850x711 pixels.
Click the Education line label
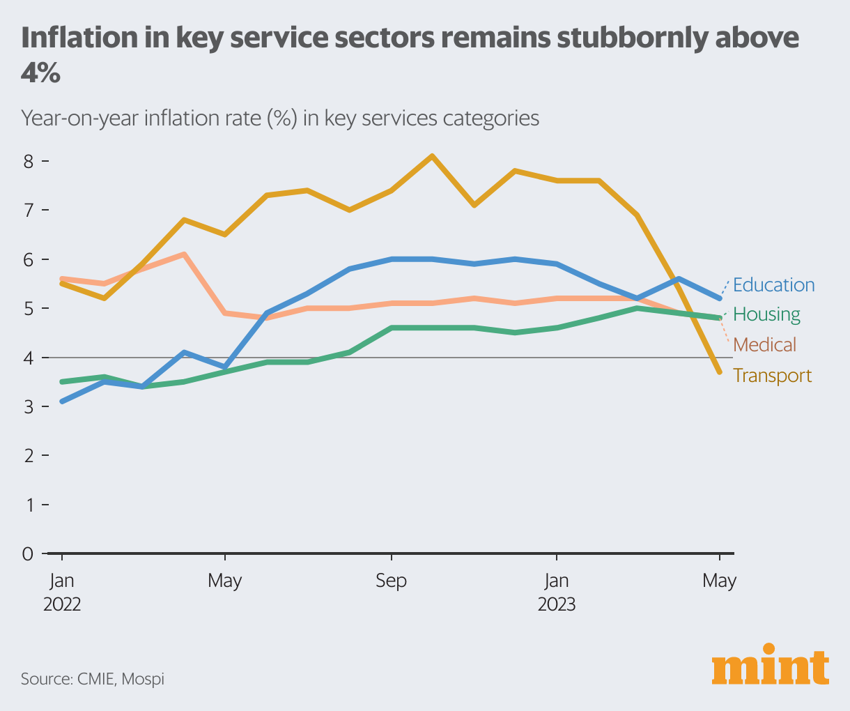[x=773, y=285]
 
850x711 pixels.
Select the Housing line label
[x=766, y=314]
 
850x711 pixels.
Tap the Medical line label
[x=764, y=344]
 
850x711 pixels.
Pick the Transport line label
[x=772, y=376]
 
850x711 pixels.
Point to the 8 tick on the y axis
[x=28, y=162]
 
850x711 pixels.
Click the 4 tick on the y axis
[x=28, y=358]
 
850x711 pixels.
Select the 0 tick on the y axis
[x=28, y=554]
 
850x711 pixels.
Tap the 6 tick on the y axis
[x=28, y=259]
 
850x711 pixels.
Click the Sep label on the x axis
[x=391, y=581]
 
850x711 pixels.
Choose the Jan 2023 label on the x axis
[x=556, y=592]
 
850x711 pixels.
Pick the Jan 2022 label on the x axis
[x=62, y=592]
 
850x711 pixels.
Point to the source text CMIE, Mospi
[x=93, y=678]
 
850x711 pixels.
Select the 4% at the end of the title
[x=40, y=73]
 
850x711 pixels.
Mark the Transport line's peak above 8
[x=432, y=156]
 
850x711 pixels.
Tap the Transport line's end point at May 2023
[x=719, y=372]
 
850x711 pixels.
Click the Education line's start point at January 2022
[x=62, y=402]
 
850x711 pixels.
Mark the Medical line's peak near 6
[x=183, y=254]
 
